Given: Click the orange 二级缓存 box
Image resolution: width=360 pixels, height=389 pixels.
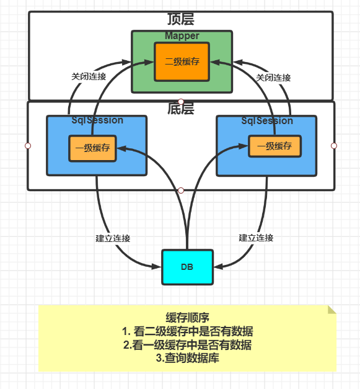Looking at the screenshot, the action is [x=182, y=62].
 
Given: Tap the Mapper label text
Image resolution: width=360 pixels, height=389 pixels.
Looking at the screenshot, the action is [x=182, y=36].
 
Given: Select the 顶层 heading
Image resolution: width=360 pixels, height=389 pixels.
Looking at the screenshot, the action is [x=181, y=19].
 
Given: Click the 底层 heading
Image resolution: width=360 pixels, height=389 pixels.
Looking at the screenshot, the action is [x=181, y=109].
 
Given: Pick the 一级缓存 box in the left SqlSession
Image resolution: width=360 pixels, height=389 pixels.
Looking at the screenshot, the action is [x=92, y=148].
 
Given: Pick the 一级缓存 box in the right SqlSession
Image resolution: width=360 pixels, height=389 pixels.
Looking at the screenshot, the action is [x=274, y=146].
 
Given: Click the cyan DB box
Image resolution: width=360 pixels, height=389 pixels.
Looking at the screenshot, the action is [x=187, y=267].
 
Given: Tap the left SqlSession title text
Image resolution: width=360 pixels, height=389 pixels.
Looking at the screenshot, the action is [x=97, y=120].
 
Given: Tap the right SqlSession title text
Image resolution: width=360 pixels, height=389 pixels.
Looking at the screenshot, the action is [x=267, y=121].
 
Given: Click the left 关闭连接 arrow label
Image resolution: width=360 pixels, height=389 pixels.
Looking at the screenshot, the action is [x=89, y=76].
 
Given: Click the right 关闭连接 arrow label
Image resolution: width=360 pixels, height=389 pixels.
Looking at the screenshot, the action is [x=273, y=78].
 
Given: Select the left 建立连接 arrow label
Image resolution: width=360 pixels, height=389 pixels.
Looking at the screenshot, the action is [x=113, y=238].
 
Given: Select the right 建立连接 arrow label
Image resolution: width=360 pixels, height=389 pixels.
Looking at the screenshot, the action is [x=256, y=238].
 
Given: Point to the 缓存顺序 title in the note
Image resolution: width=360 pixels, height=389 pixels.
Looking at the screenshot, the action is [x=188, y=318].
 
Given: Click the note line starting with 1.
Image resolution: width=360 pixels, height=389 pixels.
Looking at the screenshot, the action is [x=188, y=331].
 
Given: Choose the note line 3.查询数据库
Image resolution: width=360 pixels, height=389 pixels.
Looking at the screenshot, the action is [x=188, y=358].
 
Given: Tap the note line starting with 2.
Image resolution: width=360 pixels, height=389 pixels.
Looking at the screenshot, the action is [x=188, y=345].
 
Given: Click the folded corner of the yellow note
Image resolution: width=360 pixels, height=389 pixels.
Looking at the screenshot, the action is [x=332, y=310].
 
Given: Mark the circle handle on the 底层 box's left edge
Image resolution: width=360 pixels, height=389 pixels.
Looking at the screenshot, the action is [x=28, y=146].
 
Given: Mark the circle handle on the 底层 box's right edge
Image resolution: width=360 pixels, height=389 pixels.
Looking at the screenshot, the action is [x=334, y=146].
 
